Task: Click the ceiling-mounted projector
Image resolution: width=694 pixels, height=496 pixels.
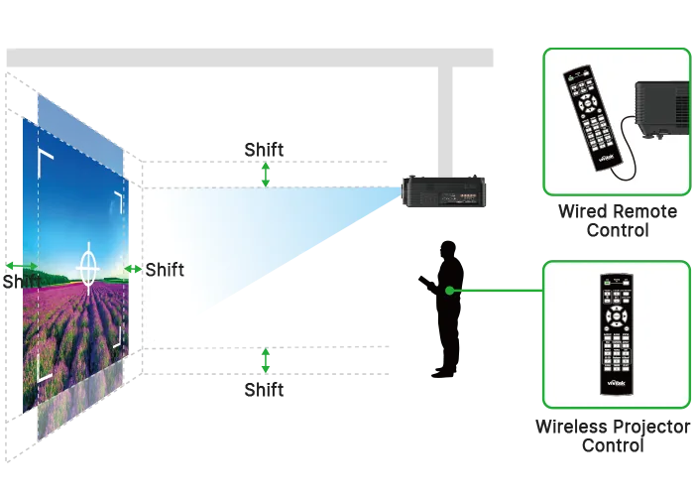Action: [443, 191]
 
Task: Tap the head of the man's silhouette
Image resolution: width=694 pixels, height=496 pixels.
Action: [448, 250]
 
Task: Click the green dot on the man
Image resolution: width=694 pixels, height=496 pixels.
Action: [450, 291]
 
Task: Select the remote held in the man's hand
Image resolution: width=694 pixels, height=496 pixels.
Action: [425, 283]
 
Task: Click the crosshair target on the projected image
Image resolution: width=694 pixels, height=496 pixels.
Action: [88, 268]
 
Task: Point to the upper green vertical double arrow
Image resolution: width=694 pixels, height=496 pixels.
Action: [266, 175]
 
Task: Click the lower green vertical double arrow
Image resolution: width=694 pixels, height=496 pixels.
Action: [266, 360]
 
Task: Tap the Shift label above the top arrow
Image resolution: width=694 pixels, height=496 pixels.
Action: [265, 150]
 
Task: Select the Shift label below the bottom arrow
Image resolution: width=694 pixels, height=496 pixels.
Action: [265, 390]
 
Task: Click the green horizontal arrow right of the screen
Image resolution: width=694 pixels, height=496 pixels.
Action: [133, 269]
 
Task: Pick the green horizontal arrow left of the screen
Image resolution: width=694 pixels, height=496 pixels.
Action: [22, 266]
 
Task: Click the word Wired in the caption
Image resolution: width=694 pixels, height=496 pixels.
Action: [581, 211]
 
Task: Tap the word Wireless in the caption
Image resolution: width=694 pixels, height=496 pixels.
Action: [570, 427]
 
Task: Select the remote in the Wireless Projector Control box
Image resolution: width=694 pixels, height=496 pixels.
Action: [617, 334]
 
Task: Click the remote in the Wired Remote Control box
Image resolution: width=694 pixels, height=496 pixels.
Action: [592, 119]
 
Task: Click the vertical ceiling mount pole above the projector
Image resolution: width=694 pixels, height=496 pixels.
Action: [446, 121]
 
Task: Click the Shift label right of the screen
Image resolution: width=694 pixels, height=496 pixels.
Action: [165, 270]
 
